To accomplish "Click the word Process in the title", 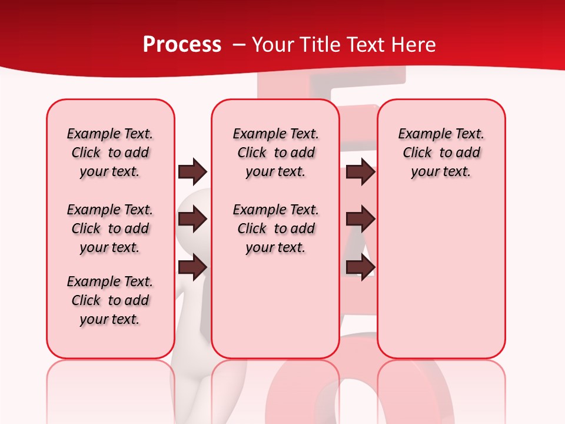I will [182, 45].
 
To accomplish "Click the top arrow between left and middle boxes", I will [192, 172].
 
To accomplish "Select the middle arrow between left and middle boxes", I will [192, 219].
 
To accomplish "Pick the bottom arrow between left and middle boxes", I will [192, 267].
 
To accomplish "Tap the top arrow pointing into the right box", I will [360, 172].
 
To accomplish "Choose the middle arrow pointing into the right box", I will [360, 219].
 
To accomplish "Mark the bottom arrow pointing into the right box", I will [360, 267].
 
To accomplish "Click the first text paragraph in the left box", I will [110, 153].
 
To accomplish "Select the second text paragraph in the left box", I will [110, 228].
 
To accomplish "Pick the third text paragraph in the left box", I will [110, 300].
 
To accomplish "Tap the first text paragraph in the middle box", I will [275, 153].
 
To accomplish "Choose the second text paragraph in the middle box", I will [275, 228].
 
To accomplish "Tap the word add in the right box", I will [468, 153].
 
